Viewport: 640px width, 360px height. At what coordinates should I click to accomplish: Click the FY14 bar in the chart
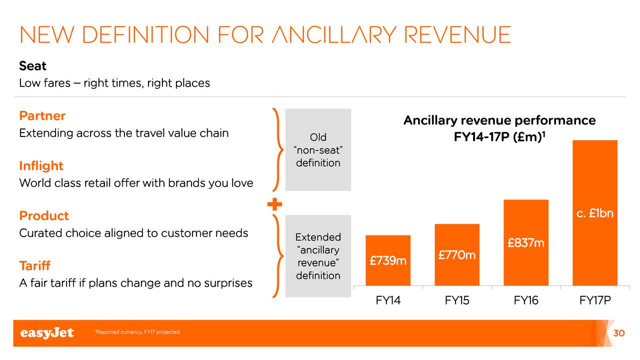tap(388, 260)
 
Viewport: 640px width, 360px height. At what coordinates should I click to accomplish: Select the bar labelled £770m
tap(457, 254)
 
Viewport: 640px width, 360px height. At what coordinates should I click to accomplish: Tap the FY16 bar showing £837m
tap(526, 242)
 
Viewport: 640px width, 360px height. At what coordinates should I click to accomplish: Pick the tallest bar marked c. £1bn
tap(595, 212)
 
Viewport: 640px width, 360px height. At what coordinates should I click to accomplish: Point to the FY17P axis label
tap(595, 300)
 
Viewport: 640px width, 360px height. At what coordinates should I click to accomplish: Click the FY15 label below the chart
tap(457, 300)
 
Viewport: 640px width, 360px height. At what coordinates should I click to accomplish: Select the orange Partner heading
tap(42, 115)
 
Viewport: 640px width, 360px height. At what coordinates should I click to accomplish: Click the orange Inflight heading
tap(41, 165)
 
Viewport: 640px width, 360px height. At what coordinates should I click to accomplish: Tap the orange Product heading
tap(44, 215)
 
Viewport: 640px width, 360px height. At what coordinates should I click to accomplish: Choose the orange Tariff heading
tap(35, 265)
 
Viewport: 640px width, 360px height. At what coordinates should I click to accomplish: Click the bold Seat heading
tap(32, 66)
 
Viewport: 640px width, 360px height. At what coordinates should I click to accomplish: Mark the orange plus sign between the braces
tap(274, 204)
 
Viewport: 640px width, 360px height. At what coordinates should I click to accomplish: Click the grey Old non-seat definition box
tap(318, 149)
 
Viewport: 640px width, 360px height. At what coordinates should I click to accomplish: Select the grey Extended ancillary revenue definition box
tap(318, 256)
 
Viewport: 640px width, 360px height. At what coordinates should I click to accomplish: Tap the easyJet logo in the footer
tap(47, 333)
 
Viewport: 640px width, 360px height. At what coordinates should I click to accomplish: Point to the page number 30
tap(619, 333)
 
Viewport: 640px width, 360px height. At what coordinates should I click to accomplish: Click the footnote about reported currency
tap(137, 332)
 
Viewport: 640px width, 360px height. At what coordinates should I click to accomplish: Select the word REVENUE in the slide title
tap(457, 35)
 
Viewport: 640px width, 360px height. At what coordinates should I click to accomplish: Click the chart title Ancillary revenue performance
tap(499, 120)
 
